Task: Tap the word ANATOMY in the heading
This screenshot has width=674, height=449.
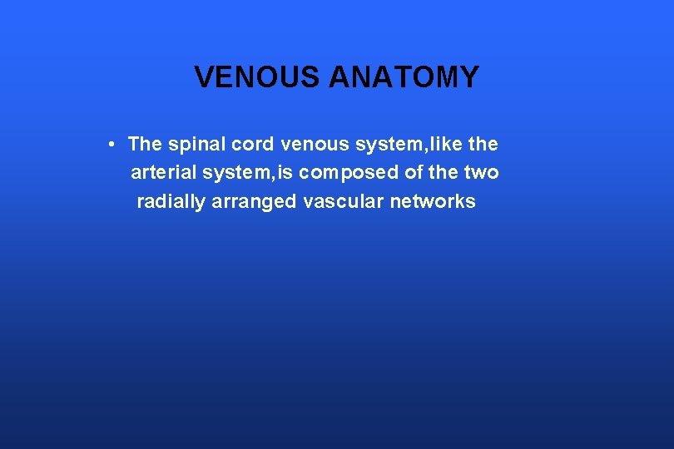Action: point(404,77)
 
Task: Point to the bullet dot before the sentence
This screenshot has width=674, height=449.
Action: point(111,145)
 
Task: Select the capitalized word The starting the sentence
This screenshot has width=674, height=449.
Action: point(145,145)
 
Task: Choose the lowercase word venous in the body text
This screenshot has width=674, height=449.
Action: point(315,145)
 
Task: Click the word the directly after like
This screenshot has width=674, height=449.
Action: point(483,145)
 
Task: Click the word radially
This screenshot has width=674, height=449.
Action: point(170,202)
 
